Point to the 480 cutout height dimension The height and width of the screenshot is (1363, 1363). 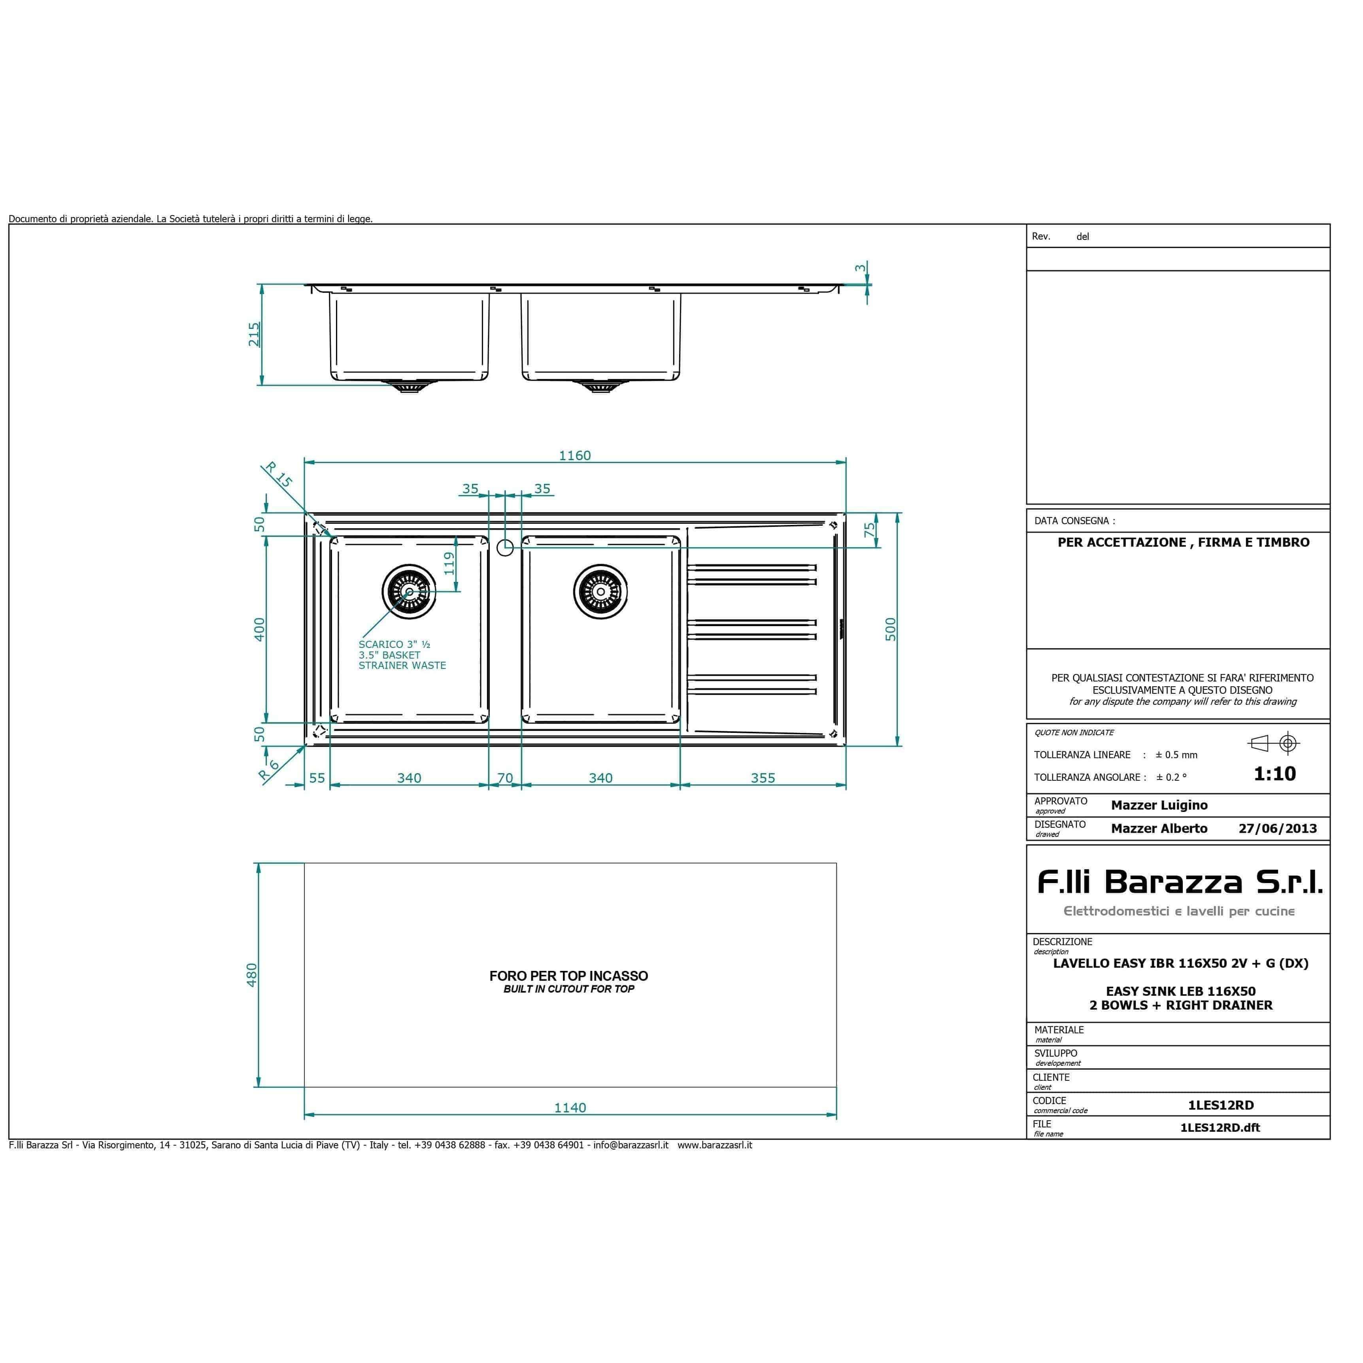point(252,975)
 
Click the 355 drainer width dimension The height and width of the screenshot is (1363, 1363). point(763,778)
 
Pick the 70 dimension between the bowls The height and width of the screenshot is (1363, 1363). point(505,778)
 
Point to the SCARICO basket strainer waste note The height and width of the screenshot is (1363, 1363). point(402,655)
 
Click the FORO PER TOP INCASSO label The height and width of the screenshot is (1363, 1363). point(568,976)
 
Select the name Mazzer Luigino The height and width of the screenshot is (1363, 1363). point(1159,805)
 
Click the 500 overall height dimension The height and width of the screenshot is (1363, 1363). point(890,629)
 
